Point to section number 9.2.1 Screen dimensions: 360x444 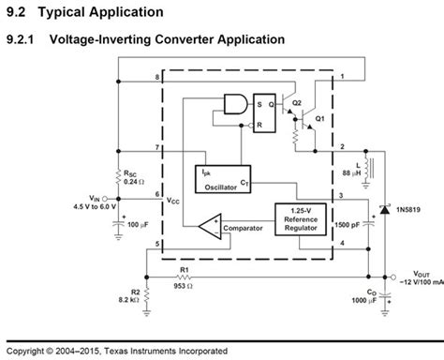point(22,40)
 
